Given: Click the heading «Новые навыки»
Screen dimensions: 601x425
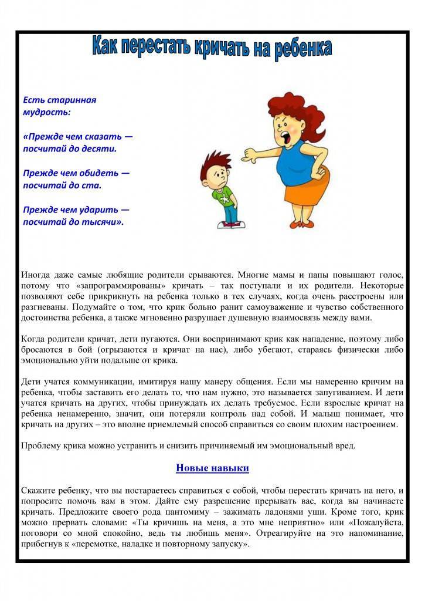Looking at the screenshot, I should tap(212, 468).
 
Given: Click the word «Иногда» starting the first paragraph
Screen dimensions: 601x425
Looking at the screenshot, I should tap(36, 275).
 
